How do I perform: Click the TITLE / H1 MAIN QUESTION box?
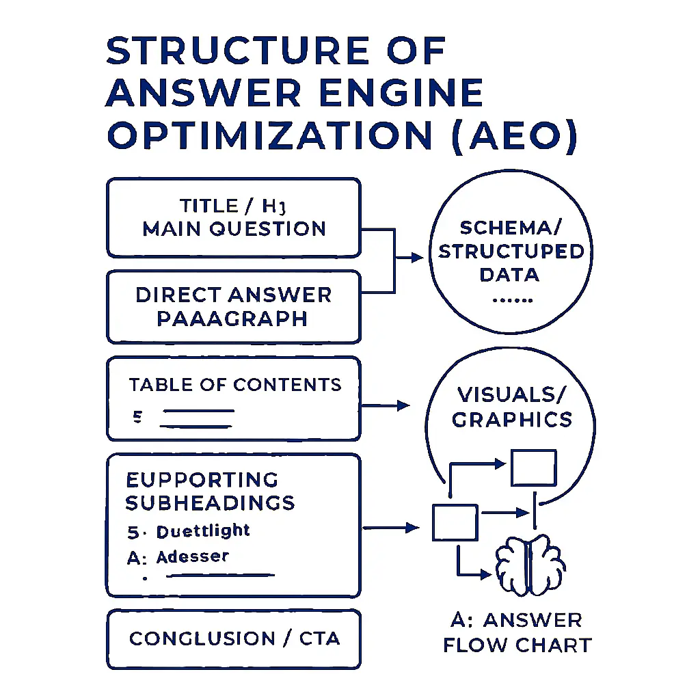click(233, 218)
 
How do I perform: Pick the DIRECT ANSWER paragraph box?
click(233, 307)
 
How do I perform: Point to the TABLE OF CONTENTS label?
click(235, 385)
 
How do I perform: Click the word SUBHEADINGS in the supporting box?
click(211, 503)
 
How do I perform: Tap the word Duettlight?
click(203, 531)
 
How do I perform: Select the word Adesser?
click(192, 557)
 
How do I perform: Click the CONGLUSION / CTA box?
click(233, 639)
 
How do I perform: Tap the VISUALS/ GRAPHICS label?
click(511, 406)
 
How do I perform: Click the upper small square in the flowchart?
click(533, 468)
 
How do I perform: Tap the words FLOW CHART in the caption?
click(517, 645)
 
